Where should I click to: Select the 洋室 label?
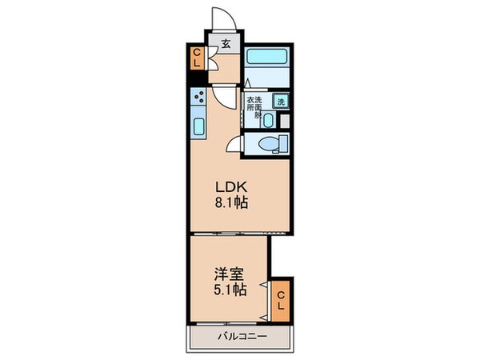coord(225,273)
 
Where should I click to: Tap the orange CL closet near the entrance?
coord(196,59)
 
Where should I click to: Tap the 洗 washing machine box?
coord(280,102)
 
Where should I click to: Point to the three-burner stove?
coord(199,100)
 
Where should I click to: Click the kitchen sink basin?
coord(199,126)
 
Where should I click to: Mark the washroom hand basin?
coord(269,121)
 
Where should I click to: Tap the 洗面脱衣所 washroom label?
coord(254,106)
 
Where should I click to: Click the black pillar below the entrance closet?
coord(194,79)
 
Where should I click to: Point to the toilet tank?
coord(282,144)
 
